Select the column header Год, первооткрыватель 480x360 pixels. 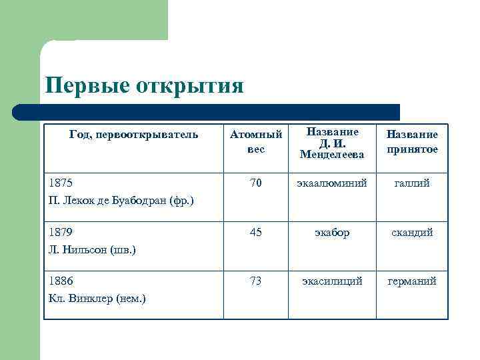(133, 135)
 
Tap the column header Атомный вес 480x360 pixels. (256, 142)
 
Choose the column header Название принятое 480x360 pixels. (412, 142)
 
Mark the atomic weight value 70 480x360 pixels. (256, 182)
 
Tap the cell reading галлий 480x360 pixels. (412, 182)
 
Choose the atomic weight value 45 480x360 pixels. (256, 232)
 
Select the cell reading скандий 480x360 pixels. (412, 232)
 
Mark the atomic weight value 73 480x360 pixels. (256, 281)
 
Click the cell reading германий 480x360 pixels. (412, 281)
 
